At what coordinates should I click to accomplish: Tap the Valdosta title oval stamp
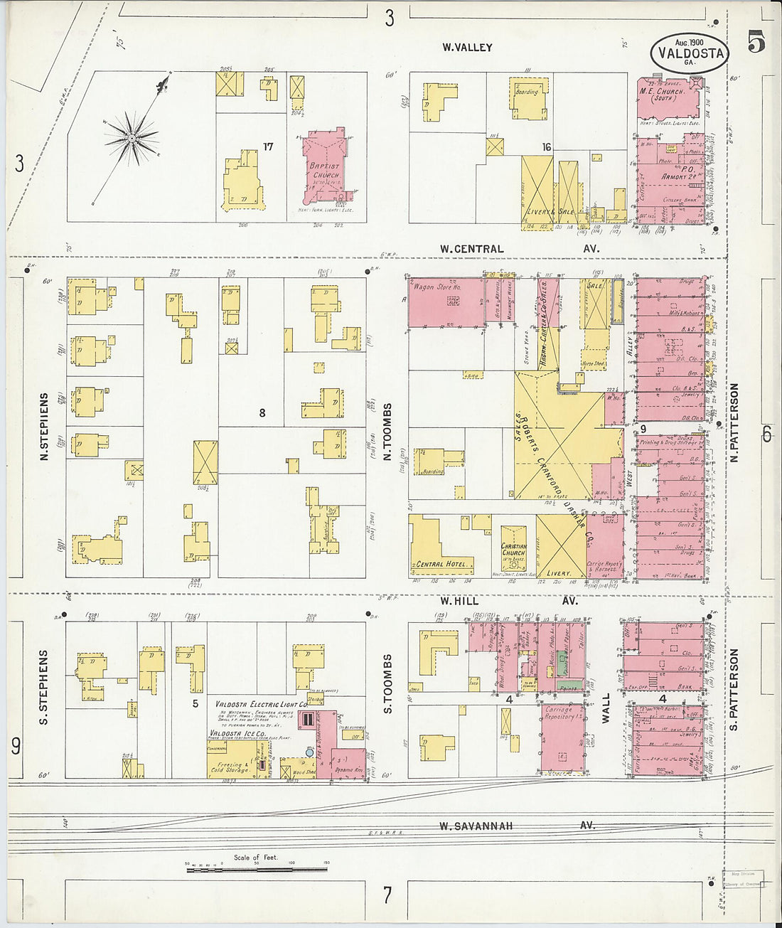point(689,53)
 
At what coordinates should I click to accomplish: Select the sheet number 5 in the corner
point(756,43)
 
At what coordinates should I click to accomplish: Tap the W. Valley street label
point(467,48)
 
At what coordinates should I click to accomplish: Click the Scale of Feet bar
point(256,868)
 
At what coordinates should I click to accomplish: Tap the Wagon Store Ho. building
point(446,302)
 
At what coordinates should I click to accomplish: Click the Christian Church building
point(513,549)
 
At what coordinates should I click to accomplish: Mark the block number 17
point(268,146)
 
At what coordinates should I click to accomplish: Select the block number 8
point(262,412)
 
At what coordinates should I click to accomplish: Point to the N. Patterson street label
point(734,423)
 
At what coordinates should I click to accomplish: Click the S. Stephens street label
point(44,687)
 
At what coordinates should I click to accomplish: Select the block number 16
point(546,147)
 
